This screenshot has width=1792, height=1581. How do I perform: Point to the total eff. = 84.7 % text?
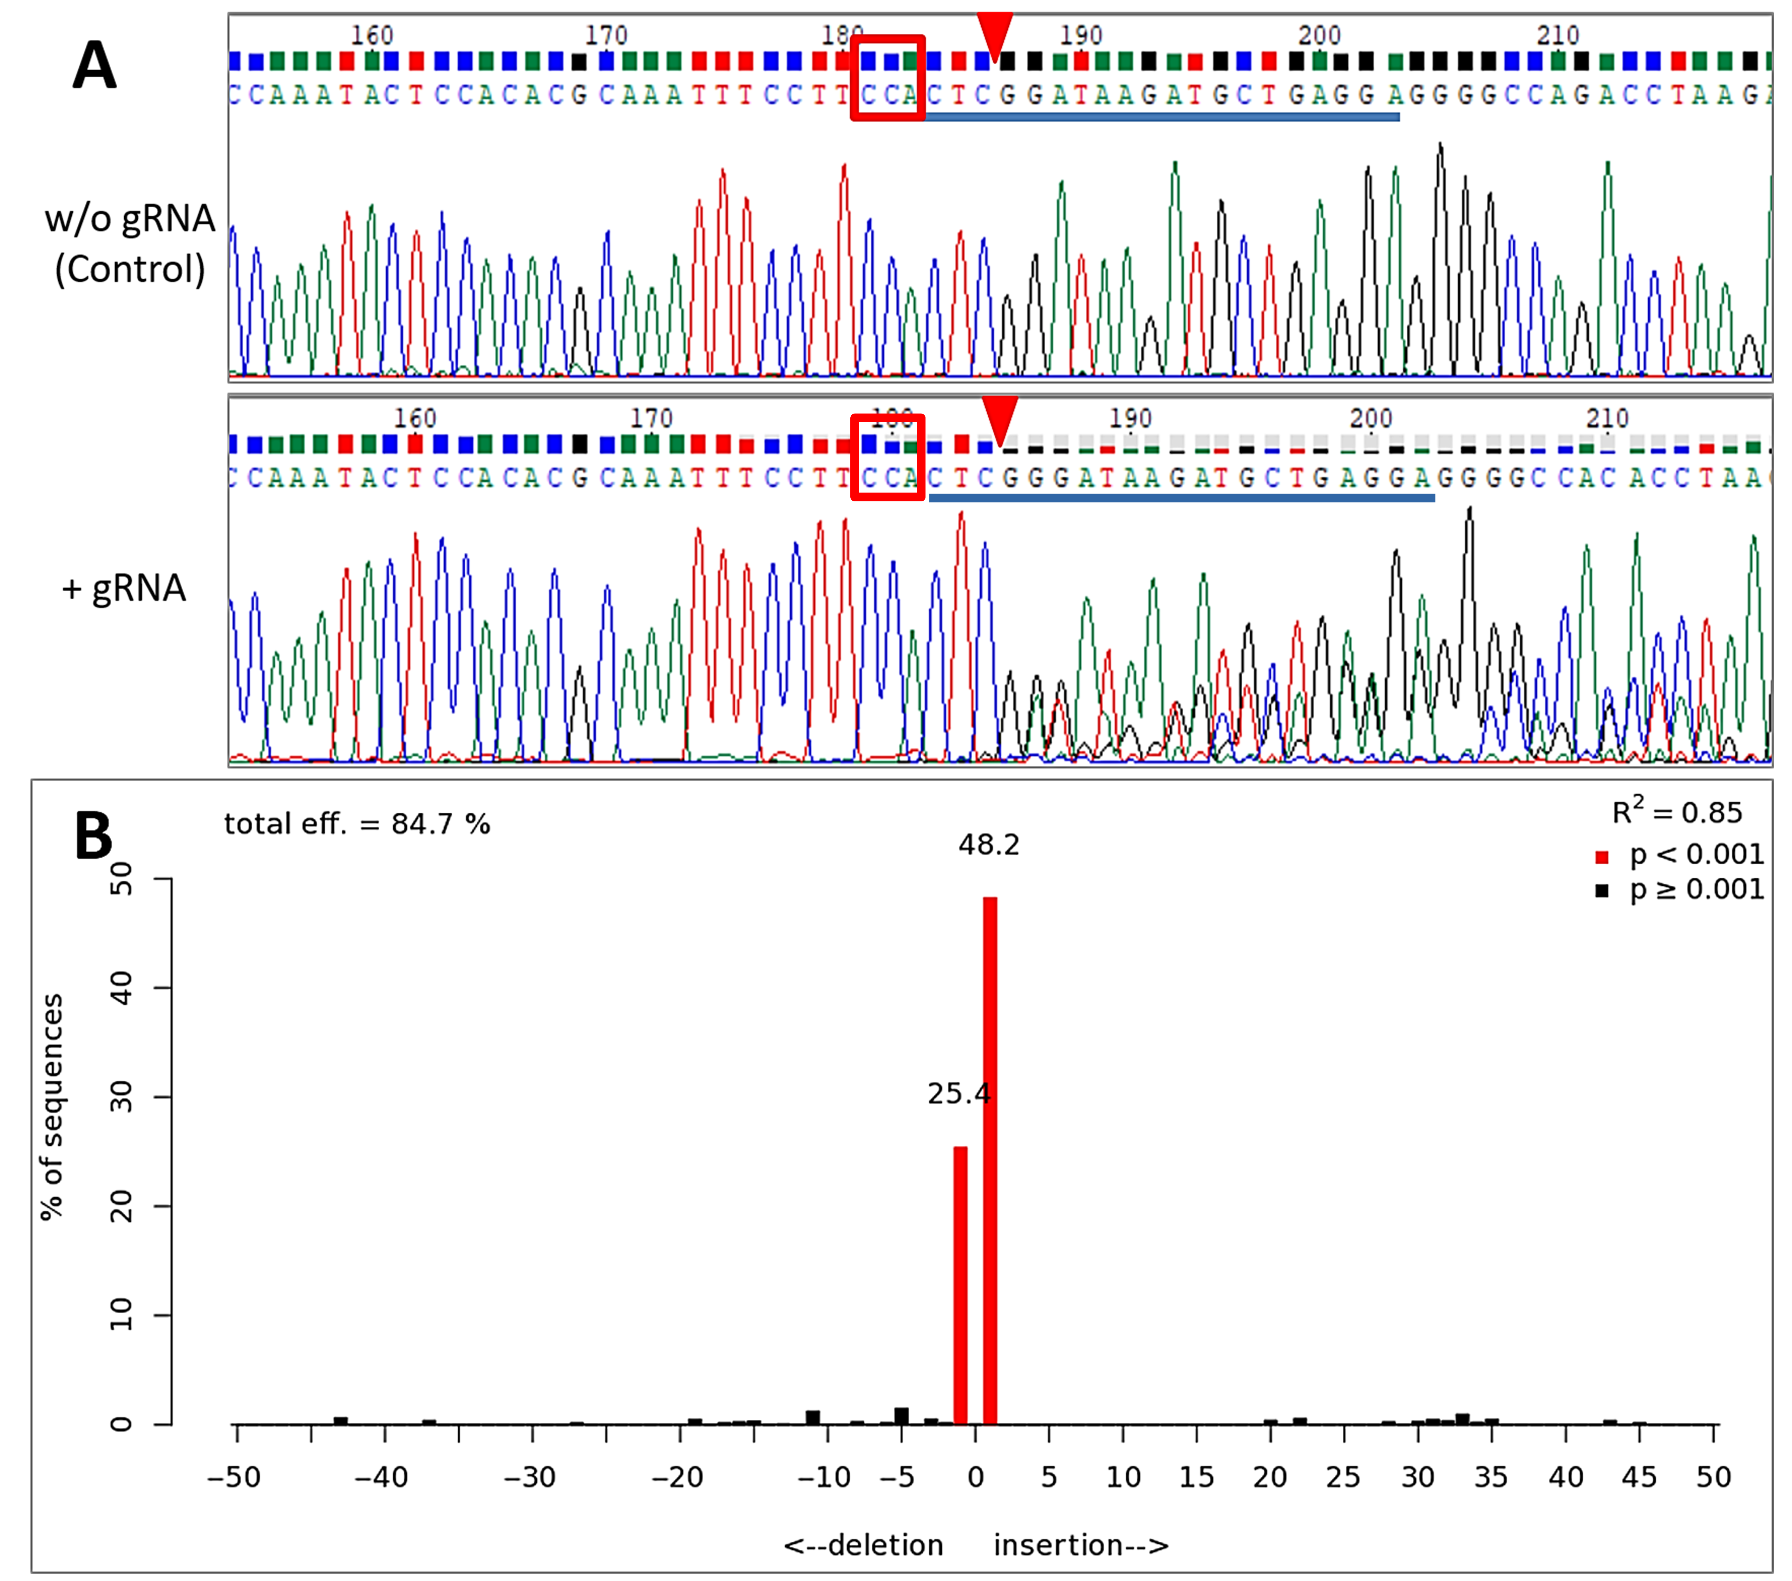pyautogui.click(x=357, y=824)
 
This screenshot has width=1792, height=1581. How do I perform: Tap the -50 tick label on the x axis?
pyautogui.click(x=234, y=1477)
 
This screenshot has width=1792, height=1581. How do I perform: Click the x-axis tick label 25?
pyautogui.click(x=1343, y=1477)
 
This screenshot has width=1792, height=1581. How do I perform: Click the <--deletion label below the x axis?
pyautogui.click(x=864, y=1545)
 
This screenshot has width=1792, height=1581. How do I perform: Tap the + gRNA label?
pyautogui.click(x=124, y=587)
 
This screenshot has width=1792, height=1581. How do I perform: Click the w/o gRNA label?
pyautogui.click(x=130, y=217)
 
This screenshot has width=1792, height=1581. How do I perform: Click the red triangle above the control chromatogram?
pyautogui.click(x=995, y=35)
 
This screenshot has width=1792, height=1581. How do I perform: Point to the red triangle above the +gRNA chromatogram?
pyautogui.click(x=1000, y=417)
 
